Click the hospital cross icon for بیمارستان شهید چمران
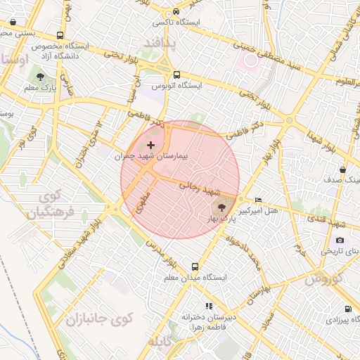coord(150,144)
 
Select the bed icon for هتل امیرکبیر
coord(259,200)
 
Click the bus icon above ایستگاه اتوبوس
coord(176,74)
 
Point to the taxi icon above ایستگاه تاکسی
coord(176,12)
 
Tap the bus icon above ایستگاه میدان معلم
coord(195,266)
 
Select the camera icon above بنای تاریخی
coord(340,240)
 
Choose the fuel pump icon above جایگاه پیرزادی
coord(348,309)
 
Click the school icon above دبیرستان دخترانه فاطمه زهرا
coord(208,306)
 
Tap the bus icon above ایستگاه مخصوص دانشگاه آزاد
coord(60,35)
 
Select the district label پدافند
coord(162,44)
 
